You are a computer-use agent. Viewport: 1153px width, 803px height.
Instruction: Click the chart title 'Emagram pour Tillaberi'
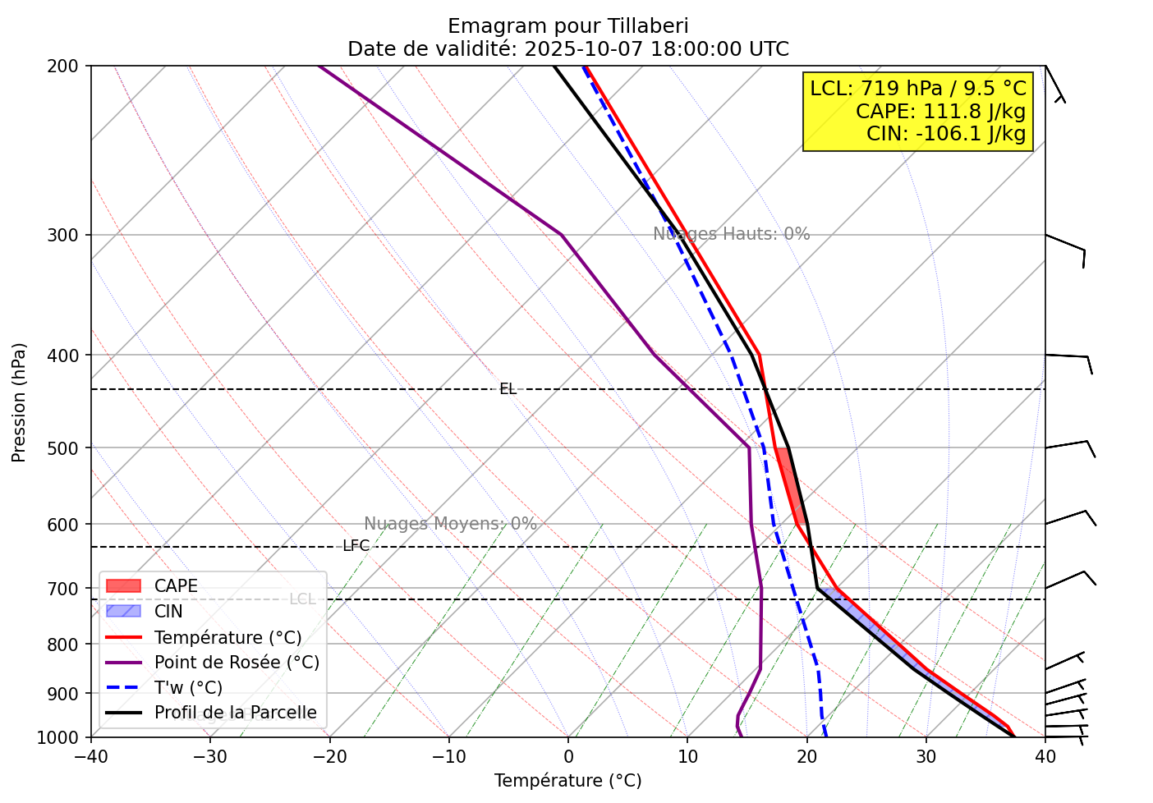pyautogui.click(x=567, y=26)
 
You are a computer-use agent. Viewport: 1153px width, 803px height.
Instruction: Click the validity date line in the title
pyautogui.click(x=567, y=49)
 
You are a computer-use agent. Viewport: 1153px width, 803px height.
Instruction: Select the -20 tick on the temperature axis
pyautogui.click(x=328, y=755)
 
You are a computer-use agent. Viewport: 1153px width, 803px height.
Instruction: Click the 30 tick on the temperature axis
pyautogui.click(x=926, y=755)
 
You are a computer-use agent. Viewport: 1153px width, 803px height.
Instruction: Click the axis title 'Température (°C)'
pyautogui.click(x=567, y=781)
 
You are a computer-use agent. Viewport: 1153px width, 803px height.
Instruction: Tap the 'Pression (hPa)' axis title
pyautogui.click(x=20, y=402)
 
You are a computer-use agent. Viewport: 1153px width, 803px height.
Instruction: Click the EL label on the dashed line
pyautogui.click(x=508, y=389)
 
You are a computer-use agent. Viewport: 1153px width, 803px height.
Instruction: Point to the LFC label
pyautogui.click(x=356, y=546)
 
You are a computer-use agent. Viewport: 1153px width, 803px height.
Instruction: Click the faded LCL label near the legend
pyautogui.click(x=302, y=599)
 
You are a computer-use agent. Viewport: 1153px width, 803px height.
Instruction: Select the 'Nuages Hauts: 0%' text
pyautogui.click(x=731, y=234)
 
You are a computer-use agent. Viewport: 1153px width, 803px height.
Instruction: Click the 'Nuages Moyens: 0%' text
pyautogui.click(x=450, y=524)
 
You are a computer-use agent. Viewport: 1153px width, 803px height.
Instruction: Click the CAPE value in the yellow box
pyautogui.click(x=940, y=112)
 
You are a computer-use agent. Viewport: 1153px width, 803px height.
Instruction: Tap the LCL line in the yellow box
pyautogui.click(x=917, y=89)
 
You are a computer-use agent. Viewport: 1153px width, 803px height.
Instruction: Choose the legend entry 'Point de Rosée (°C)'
pyautogui.click(x=237, y=663)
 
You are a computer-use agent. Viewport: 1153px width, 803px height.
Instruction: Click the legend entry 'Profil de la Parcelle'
pyautogui.click(x=235, y=713)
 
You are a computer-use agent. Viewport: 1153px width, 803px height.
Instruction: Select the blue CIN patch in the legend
pyautogui.click(x=124, y=612)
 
